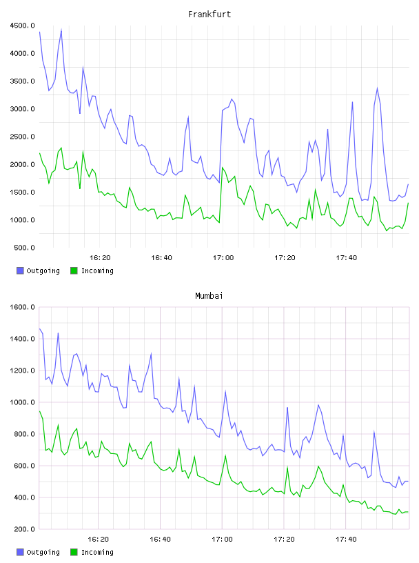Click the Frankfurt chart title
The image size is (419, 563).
coord(209,14)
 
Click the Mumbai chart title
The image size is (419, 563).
coord(209,296)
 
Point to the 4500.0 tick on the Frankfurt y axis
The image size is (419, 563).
coord(22,26)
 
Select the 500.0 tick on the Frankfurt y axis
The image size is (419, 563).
coord(24,248)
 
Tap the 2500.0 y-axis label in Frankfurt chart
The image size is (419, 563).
coord(22,137)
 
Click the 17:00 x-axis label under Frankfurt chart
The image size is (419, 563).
coord(223,258)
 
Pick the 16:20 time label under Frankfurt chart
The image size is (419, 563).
coord(100,258)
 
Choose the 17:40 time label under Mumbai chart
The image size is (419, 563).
coord(346,540)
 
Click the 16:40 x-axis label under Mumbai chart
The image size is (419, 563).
coord(160,540)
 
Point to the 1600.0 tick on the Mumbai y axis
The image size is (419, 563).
coord(22,307)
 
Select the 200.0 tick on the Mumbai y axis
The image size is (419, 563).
coord(24,529)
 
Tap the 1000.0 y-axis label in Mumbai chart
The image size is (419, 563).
coord(22,402)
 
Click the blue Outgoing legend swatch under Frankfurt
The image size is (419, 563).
coord(20,270)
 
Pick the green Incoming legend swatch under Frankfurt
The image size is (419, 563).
coord(74,270)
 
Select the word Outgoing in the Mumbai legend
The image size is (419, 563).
coord(43,552)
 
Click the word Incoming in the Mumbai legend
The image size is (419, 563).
coord(97,552)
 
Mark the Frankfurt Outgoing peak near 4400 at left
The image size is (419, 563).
coord(61,30)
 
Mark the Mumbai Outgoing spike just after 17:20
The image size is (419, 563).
coord(287,408)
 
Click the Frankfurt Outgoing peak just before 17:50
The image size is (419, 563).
coord(377,88)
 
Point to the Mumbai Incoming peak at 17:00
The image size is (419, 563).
coord(225,455)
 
